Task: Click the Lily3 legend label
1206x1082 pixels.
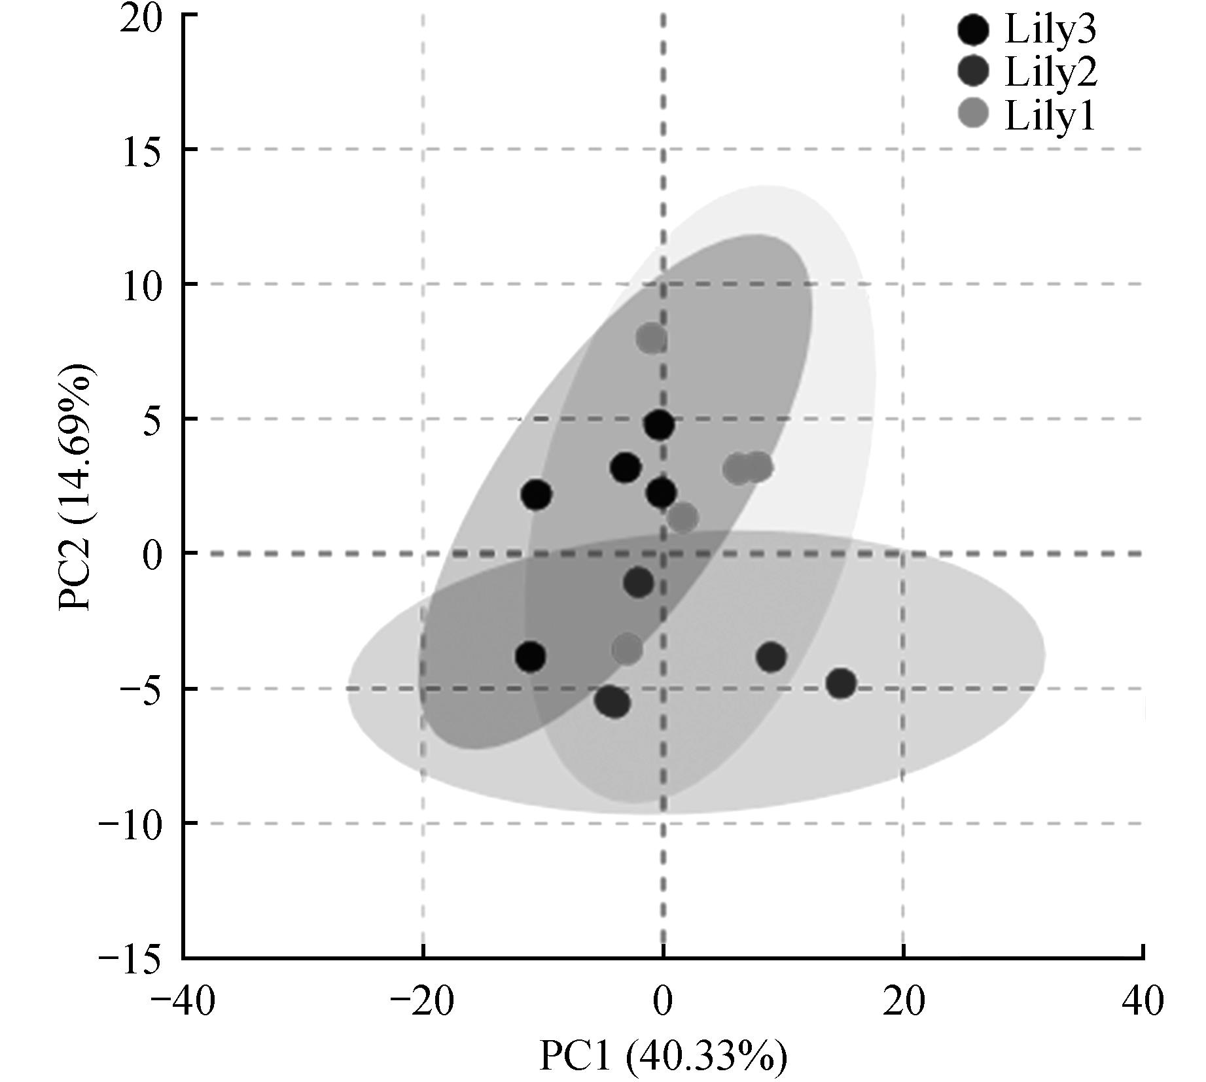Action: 1050,30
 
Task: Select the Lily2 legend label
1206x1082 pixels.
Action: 1050,73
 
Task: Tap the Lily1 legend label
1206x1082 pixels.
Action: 1050,116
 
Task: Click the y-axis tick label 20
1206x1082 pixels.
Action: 141,18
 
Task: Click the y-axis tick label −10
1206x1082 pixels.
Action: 131,825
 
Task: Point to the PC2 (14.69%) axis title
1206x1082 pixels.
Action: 77,487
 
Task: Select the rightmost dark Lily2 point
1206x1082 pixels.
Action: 841,684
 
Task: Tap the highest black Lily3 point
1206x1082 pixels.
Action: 659,425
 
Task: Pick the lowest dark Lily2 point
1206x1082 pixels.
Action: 612,702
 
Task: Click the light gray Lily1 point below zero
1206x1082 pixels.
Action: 628,649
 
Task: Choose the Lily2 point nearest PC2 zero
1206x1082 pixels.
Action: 639,582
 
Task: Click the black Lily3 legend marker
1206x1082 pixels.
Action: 974,31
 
